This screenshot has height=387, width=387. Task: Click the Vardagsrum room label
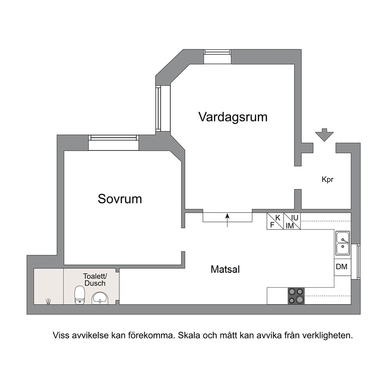(x=233, y=117)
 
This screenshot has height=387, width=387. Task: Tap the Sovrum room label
(x=120, y=199)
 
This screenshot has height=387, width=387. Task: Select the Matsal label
(x=225, y=269)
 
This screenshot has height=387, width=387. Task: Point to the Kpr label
(x=328, y=179)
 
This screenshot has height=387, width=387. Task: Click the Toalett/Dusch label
(x=95, y=280)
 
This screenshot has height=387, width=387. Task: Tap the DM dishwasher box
(x=343, y=267)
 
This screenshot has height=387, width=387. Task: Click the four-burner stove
(x=296, y=296)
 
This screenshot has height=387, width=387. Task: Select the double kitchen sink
(x=342, y=243)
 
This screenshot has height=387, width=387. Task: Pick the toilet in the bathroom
(x=80, y=295)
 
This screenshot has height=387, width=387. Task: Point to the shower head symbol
(x=48, y=302)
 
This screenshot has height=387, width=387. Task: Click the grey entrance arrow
(x=324, y=135)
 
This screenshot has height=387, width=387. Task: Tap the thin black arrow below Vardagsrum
(x=227, y=220)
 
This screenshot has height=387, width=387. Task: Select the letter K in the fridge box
(x=278, y=218)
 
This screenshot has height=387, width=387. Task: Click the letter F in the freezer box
(x=272, y=225)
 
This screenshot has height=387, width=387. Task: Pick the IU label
(x=295, y=218)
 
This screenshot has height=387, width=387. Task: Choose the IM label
(x=290, y=225)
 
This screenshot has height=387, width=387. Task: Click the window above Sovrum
(x=114, y=142)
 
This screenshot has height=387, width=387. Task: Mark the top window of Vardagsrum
(x=217, y=57)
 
